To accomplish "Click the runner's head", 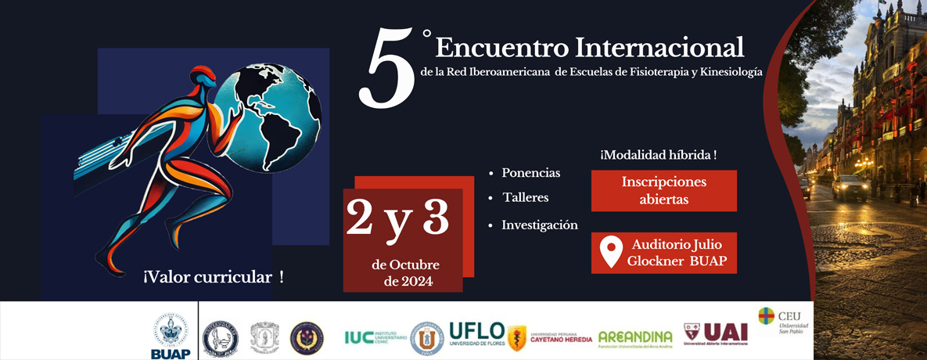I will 204,77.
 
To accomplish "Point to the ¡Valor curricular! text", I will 213,277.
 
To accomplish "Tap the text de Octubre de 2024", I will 405,272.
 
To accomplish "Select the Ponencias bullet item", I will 530,173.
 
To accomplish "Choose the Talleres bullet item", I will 525,197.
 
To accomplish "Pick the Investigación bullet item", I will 539,225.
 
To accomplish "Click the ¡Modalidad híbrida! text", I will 658,156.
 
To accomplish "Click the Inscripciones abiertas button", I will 663,190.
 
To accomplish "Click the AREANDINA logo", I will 635,337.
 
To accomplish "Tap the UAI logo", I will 716,333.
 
